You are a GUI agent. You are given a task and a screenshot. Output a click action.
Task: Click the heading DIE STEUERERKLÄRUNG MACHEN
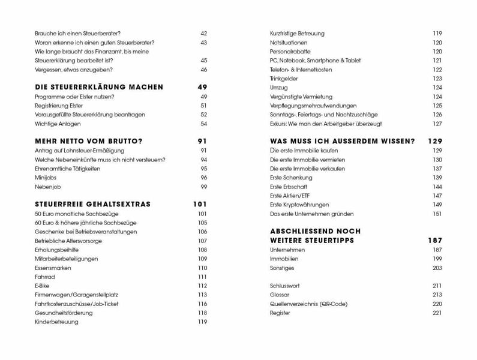point(99,87)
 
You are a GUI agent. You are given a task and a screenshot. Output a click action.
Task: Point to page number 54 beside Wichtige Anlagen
point(203,124)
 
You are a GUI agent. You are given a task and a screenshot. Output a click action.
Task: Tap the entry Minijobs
point(46,178)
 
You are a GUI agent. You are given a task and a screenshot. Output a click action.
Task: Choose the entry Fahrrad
point(45,276)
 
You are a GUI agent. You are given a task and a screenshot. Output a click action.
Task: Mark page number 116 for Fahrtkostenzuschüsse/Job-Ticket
point(202,304)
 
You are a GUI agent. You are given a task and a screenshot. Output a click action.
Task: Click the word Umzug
point(279,88)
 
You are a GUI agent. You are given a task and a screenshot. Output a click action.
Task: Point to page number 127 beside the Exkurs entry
point(437,124)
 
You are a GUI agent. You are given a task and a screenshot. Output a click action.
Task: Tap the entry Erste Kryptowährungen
point(299,205)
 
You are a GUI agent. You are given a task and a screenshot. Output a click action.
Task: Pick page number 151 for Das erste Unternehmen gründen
point(437,214)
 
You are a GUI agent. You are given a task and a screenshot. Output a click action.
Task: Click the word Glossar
point(280,295)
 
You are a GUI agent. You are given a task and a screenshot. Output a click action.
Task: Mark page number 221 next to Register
point(437,313)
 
